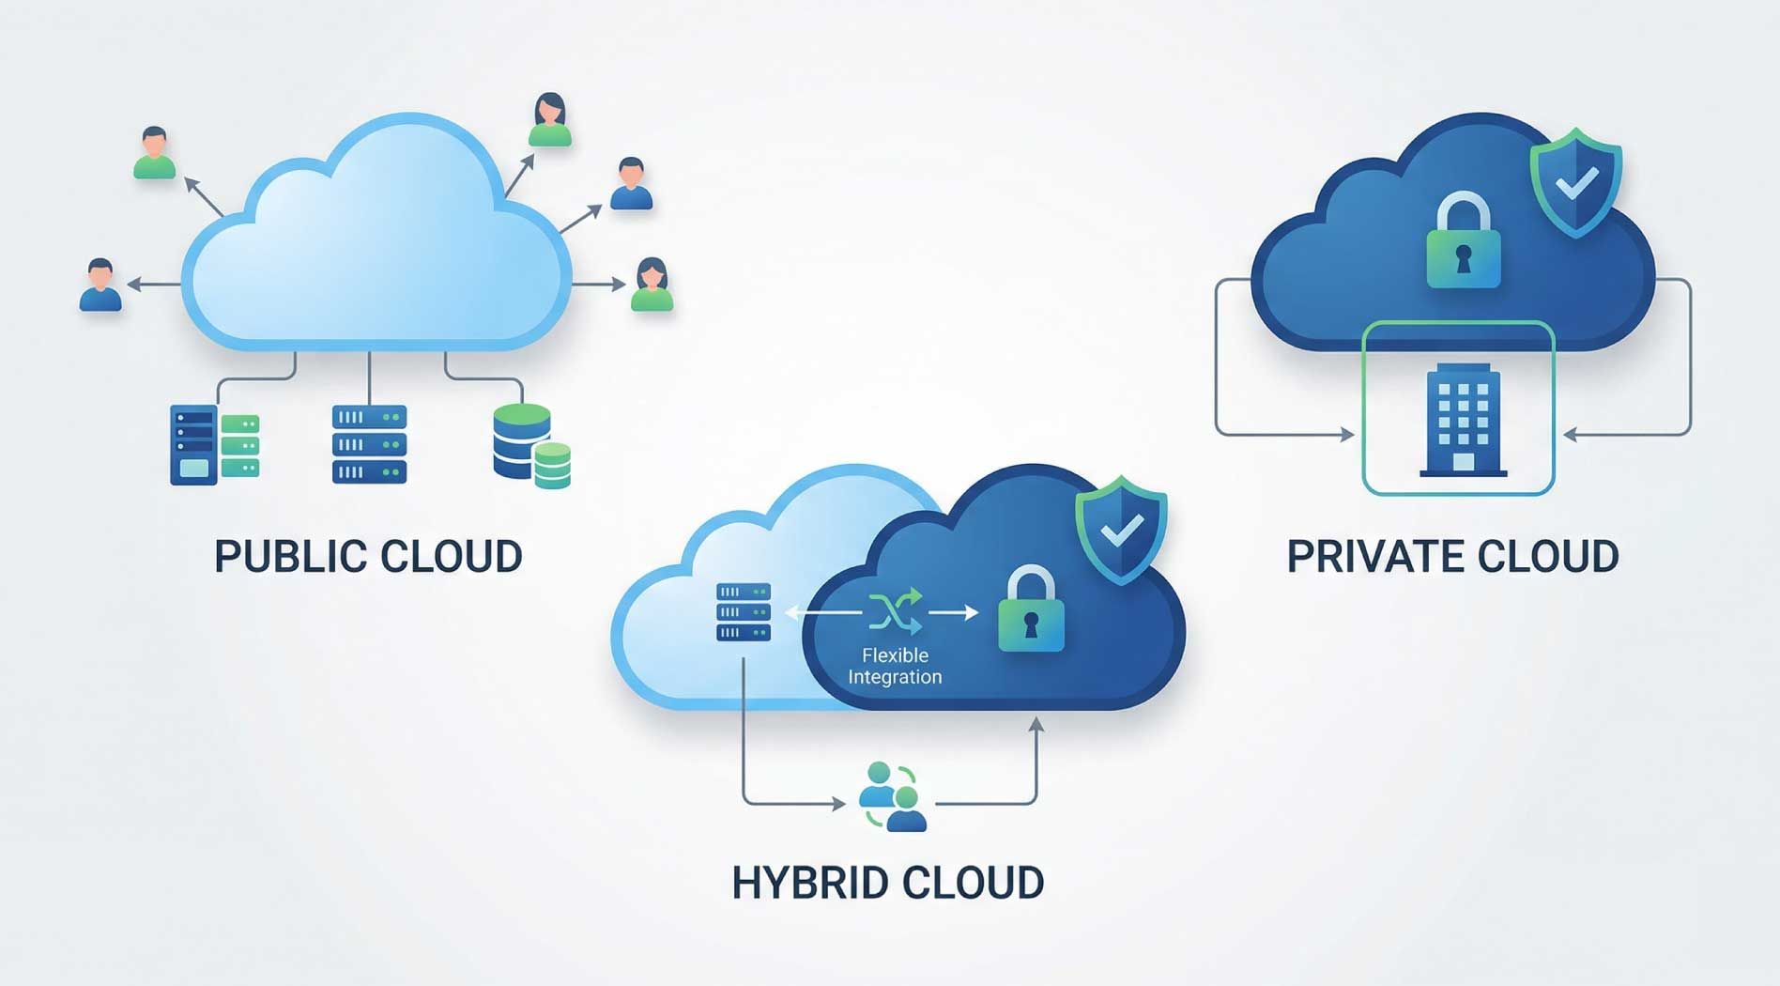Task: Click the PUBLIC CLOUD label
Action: coord(368,556)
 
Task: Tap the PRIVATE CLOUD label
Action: coord(1452,556)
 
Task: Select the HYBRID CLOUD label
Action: coord(887,883)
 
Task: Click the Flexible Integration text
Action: coord(895,666)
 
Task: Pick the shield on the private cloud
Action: coord(1576,182)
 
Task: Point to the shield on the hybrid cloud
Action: coord(1121,530)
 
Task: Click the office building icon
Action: coord(1463,420)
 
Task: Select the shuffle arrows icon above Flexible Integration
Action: coord(895,611)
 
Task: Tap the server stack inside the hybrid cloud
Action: coord(744,611)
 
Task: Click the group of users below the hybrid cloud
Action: coord(892,797)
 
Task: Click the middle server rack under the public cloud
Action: coord(369,444)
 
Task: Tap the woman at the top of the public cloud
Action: coord(549,120)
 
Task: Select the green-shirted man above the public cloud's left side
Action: coord(154,153)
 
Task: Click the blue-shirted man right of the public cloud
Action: coord(631,184)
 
